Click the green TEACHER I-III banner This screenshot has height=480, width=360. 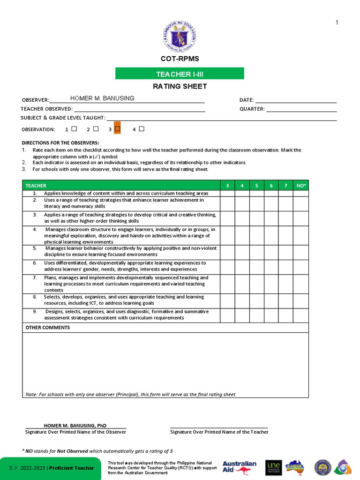coord(180,74)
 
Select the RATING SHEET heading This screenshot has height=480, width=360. coord(180,86)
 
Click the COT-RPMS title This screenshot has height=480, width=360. coord(180,59)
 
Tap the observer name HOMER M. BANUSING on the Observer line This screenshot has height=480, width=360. coord(102,98)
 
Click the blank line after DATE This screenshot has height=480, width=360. coord(296,99)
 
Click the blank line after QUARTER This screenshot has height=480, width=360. coord(301,109)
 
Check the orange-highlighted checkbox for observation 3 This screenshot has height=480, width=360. coord(117,129)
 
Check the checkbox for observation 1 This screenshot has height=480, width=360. coord(74,129)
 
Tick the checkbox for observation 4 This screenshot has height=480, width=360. coord(142,129)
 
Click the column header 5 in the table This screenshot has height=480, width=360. coord(256,186)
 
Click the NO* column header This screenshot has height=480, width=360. coord(300,186)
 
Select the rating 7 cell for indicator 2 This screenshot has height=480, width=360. coord(285,203)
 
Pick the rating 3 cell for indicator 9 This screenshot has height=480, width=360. coord(227,315)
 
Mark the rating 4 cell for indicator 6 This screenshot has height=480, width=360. coord(242,266)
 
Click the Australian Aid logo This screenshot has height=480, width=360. coord(239,467)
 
